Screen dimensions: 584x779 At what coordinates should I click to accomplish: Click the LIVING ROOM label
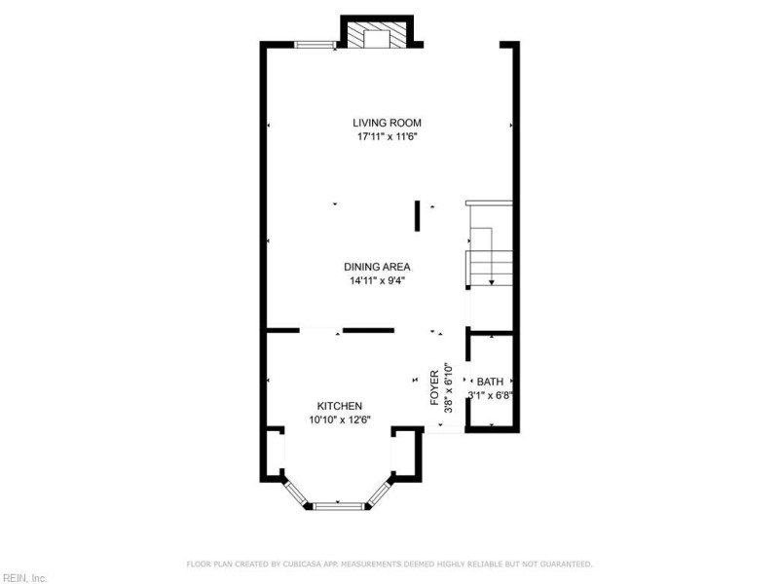click(387, 123)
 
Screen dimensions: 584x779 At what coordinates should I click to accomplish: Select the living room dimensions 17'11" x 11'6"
click(387, 137)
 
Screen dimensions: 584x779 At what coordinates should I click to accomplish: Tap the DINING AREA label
click(376, 267)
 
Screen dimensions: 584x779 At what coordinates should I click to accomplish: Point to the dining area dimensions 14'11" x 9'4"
click(376, 281)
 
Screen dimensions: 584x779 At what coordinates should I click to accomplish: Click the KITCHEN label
click(340, 406)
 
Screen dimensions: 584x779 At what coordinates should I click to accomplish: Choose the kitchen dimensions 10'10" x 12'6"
click(340, 420)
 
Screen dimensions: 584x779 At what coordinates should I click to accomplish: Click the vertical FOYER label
click(435, 388)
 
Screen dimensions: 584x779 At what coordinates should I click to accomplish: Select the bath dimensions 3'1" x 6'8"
click(490, 395)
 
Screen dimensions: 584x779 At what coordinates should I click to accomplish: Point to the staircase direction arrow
click(493, 277)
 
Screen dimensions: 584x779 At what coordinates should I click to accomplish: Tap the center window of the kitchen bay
click(340, 505)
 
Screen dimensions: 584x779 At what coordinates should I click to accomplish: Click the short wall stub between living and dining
click(418, 216)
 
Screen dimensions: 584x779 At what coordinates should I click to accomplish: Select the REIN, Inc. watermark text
click(23, 578)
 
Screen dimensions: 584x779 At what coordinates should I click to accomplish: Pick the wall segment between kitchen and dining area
click(368, 331)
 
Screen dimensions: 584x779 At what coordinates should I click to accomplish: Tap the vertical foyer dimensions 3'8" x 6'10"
click(448, 388)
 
